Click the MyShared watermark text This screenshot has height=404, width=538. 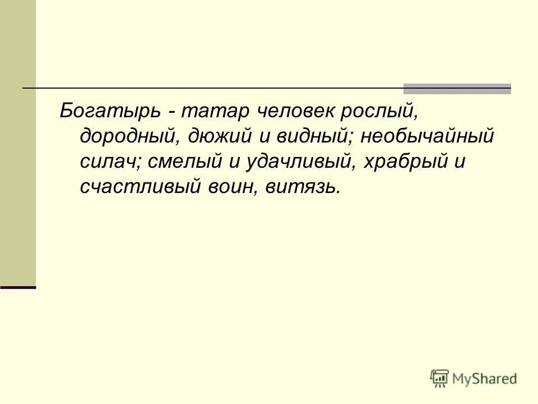click(485, 379)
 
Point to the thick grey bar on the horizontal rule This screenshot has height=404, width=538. click(457, 88)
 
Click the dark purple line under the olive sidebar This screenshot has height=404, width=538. click(18, 287)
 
